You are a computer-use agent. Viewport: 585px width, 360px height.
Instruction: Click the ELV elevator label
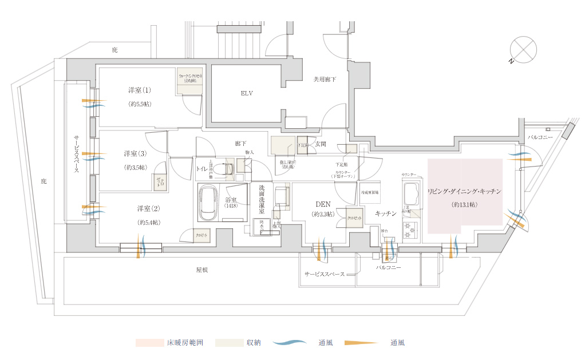(246, 93)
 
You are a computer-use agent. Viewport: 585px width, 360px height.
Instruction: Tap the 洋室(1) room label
(140, 90)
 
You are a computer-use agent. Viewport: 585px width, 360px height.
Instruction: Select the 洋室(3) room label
(136, 154)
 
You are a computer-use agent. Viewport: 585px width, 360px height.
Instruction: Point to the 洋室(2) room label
(148, 208)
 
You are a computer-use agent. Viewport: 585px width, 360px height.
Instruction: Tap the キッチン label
(386, 213)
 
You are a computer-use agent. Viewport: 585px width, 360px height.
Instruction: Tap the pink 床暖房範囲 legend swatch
(149, 343)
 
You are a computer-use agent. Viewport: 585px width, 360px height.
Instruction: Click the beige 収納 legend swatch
(229, 343)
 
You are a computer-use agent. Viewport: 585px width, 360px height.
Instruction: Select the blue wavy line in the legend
(290, 343)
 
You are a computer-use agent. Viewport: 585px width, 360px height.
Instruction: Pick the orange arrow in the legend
(361, 343)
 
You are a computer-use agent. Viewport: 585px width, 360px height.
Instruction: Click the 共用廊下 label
(325, 79)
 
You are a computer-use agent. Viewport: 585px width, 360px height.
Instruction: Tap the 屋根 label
(201, 269)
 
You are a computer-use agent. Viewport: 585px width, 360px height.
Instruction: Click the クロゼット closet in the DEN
(354, 218)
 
